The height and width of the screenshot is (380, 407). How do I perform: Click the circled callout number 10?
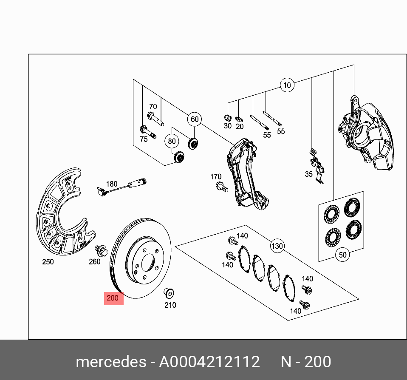(x=287, y=85)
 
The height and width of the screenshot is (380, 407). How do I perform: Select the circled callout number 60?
(x=195, y=119)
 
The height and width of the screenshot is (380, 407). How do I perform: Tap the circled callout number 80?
(x=172, y=141)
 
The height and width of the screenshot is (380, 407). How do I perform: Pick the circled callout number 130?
(x=277, y=246)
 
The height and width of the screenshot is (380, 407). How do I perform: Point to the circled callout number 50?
(x=342, y=255)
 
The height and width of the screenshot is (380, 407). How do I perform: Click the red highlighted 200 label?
(x=113, y=298)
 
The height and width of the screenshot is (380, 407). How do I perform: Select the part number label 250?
(x=48, y=262)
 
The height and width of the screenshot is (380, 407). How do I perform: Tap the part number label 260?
(x=94, y=262)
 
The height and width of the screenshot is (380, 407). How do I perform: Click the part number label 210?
(x=170, y=305)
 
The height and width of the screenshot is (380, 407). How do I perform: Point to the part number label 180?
(x=111, y=184)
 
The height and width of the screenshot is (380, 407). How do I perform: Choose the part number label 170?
(x=216, y=177)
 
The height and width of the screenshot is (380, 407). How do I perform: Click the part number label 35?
(x=308, y=174)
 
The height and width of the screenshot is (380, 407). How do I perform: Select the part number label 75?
(x=144, y=139)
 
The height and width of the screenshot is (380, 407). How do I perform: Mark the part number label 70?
(x=153, y=107)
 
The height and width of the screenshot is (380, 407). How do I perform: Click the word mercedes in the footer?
(x=110, y=362)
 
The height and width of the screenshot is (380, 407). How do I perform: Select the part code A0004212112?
(x=209, y=362)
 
